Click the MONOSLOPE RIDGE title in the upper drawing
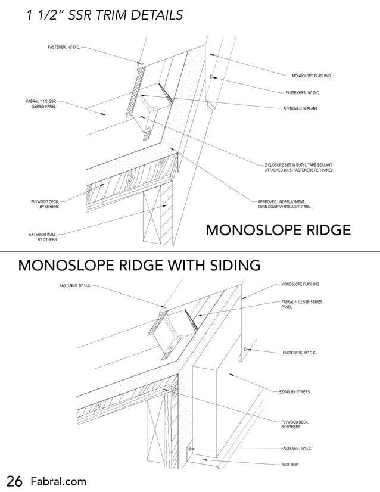(278, 230)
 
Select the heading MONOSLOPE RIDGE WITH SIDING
(139, 264)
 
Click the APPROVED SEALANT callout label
(300, 108)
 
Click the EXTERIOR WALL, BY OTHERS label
(43, 237)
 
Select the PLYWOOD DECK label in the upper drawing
(45, 204)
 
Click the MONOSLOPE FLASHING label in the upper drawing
(311, 76)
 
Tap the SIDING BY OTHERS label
(294, 392)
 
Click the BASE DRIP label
(289, 463)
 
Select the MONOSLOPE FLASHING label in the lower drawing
(300, 284)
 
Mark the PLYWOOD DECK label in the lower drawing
(295, 424)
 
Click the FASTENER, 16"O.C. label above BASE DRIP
(297, 448)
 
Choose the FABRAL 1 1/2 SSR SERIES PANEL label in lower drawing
(301, 304)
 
